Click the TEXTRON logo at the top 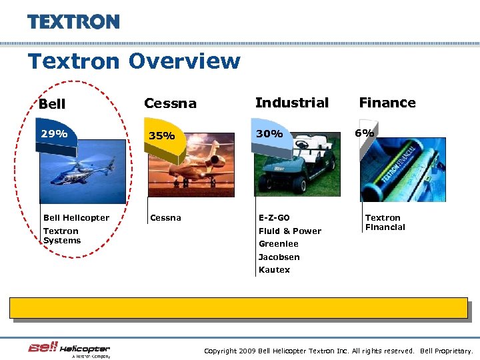coord(73,21)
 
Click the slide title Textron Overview coord(133,61)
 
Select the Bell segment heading coord(52,104)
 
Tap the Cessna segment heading coord(170,103)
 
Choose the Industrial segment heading coord(292,103)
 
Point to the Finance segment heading coord(387,103)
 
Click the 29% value coord(54,133)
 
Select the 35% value coord(161,136)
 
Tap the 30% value coord(269,133)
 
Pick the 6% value coord(364,133)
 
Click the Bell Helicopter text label coord(76,218)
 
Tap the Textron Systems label coord(61,236)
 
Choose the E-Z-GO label coord(274,218)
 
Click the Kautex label coord(274,270)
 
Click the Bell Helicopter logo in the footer coord(69,349)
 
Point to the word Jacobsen coord(279,257)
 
